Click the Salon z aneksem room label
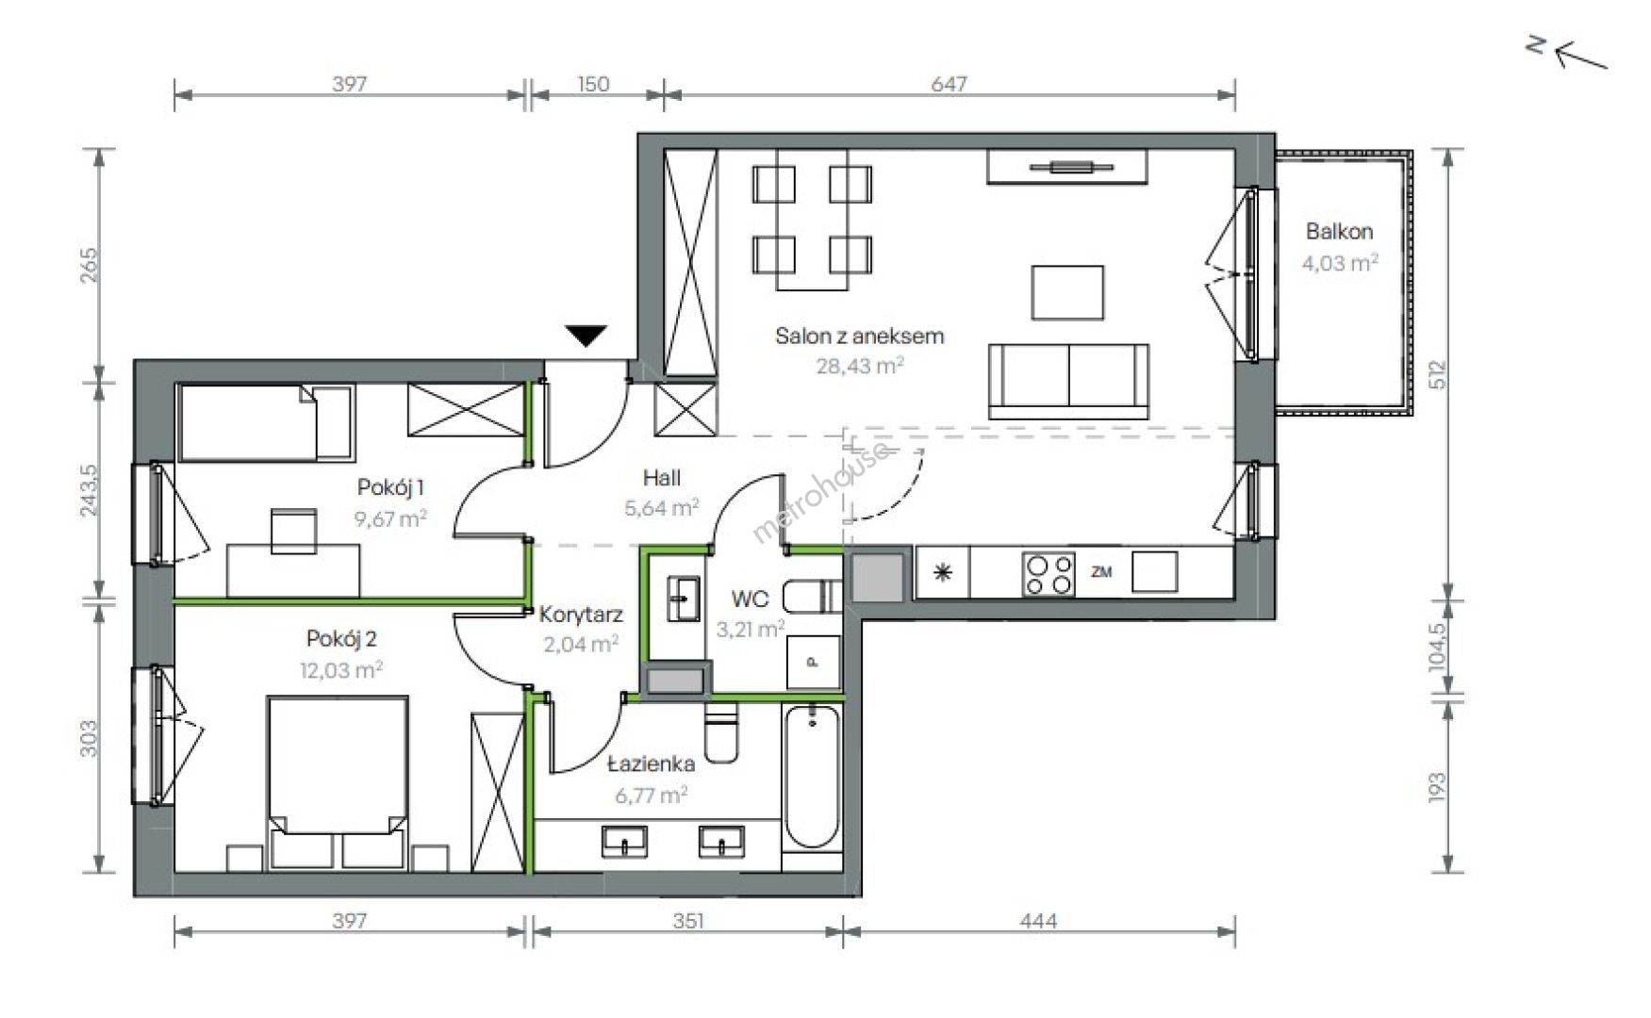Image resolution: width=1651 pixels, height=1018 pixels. (x=859, y=336)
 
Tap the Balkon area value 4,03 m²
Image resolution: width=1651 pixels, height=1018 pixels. (x=1339, y=263)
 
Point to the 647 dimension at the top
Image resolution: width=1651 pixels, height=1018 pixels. (x=949, y=84)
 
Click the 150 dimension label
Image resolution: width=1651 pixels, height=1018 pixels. (x=593, y=84)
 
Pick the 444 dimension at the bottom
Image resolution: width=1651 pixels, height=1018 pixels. (x=1038, y=921)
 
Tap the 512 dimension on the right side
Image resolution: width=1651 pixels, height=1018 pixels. (x=1437, y=374)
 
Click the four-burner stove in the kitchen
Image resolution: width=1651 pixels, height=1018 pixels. (x=1048, y=573)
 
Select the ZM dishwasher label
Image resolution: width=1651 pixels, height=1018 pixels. (x=1100, y=571)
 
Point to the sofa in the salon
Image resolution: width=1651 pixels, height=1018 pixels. (x=1068, y=381)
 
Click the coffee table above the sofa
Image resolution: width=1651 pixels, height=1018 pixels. (x=1067, y=292)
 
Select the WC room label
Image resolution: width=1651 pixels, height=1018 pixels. (x=750, y=599)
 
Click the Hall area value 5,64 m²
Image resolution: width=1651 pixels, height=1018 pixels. (x=661, y=508)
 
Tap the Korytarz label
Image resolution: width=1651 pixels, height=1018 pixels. (x=581, y=616)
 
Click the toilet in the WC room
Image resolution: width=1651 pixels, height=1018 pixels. (x=812, y=596)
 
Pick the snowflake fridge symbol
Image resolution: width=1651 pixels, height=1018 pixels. (x=943, y=573)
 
